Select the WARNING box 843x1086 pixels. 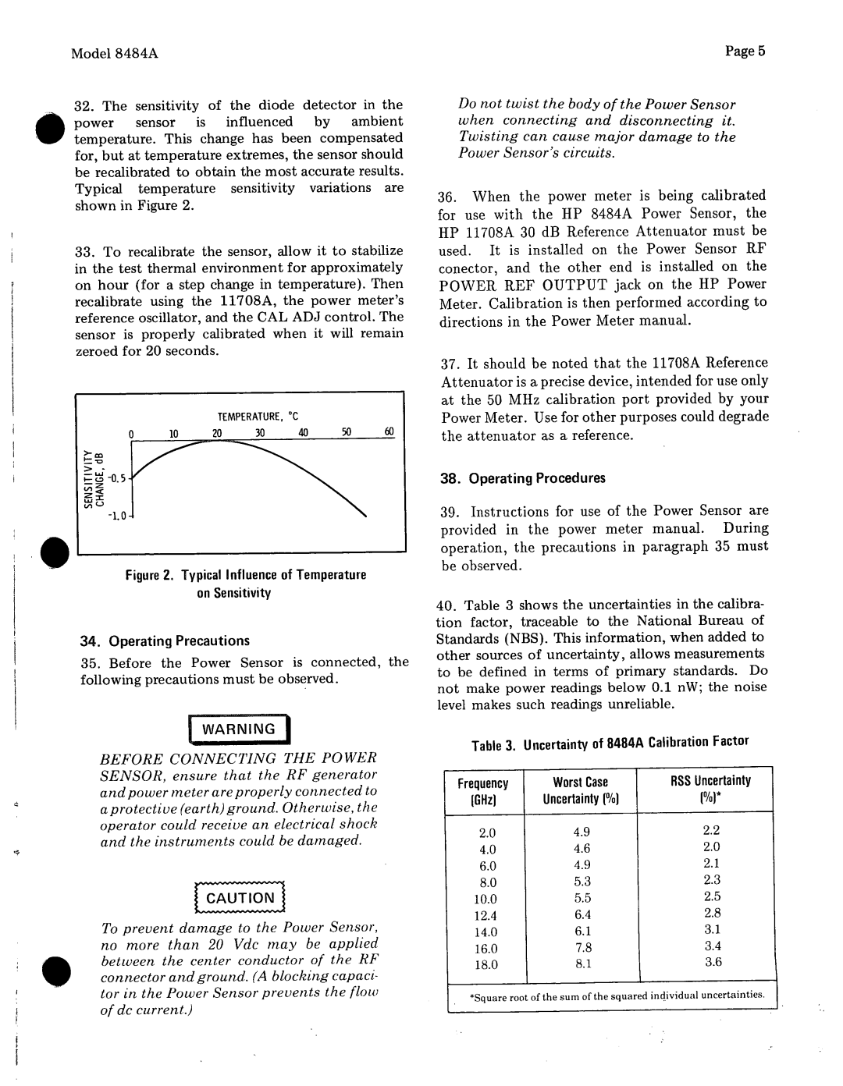(x=239, y=729)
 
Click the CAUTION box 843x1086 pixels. (x=240, y=898)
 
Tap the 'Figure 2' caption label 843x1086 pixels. (x=151, y=575)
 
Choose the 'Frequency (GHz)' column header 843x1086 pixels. (x=484, y=790)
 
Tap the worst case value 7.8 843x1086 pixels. (x=583, y=948)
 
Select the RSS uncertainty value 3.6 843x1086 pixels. (x=713, y=962)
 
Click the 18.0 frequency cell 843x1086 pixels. (x=486, y=964)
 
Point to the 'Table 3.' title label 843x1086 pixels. (x=494, y=746)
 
